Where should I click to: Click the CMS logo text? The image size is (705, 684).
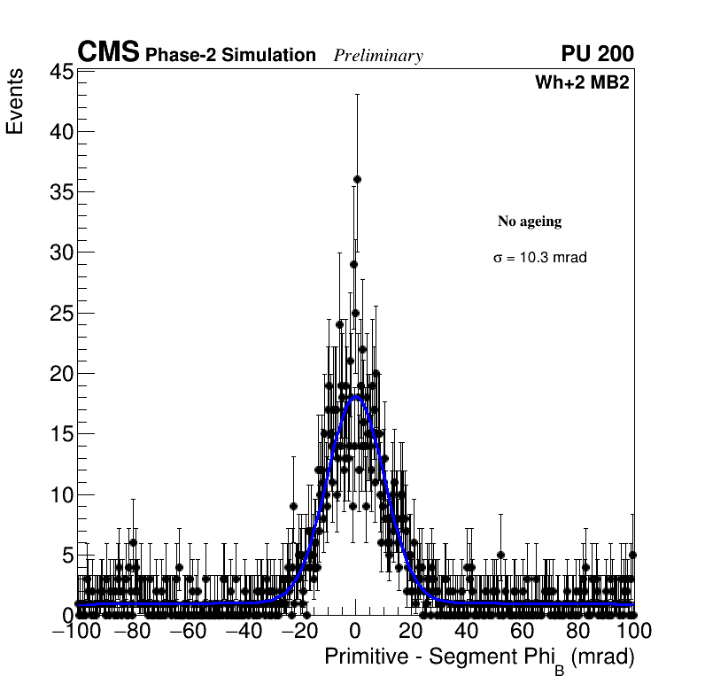point(108,53)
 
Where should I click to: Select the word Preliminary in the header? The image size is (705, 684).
point(378,56)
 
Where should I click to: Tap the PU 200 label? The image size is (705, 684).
point(597,54)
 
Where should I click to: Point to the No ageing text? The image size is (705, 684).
point(530,222)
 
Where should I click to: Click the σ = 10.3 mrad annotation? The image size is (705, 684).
point(540,258)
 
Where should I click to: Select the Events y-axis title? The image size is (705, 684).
point(15,103)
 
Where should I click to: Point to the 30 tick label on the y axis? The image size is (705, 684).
point(59,253)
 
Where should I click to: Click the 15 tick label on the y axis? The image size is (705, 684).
point(59,434)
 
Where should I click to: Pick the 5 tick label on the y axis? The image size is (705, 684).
point(66,556)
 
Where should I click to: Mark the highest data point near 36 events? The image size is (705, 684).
point(357,179)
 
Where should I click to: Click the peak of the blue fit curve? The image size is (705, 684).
point(356,397)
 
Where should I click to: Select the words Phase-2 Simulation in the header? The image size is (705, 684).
point(230,56)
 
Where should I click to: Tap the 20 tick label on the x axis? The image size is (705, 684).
point(411,632)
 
